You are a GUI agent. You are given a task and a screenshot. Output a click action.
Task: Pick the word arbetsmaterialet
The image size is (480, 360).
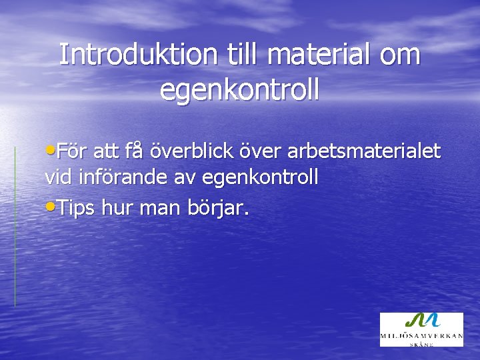[x=364, y=152]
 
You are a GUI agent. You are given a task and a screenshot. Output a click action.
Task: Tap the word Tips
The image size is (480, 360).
[x=77, y=209]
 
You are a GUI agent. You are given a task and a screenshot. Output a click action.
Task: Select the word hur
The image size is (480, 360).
[x=119, y=209]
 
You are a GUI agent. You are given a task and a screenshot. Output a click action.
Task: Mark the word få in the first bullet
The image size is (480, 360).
[x=134, y=151]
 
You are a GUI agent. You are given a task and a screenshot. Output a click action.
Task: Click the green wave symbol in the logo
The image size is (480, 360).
[x=421, y=321]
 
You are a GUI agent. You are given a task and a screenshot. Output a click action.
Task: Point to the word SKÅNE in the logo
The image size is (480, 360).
[x=421, y=344]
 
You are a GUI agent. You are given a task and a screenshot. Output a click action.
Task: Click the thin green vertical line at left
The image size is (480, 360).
[x=15, y=227]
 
